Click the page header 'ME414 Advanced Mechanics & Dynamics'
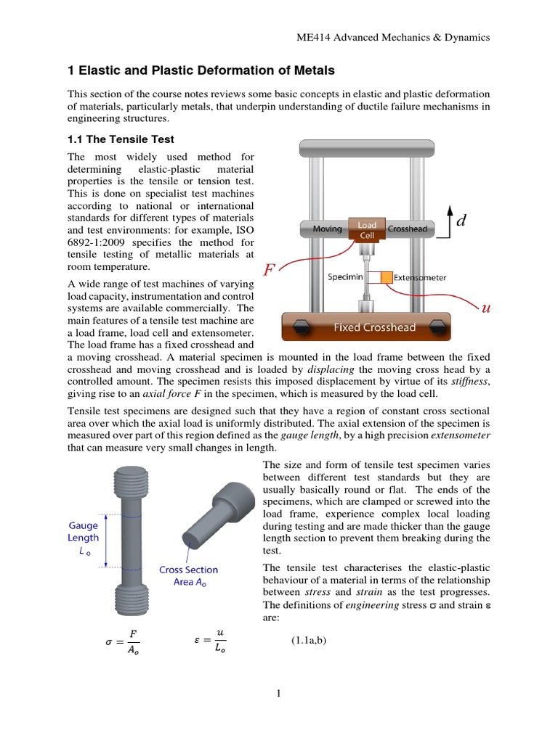(390, 37)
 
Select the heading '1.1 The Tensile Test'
(121, 139)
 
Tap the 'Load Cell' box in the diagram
(367, 230)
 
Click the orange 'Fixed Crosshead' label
(374, 327)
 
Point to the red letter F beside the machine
(269, 271)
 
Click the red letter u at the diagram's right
(485, 308)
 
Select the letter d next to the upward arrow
(459, 223)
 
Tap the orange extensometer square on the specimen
(386, 277)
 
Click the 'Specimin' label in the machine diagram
(345, 277)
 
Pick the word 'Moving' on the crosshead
(327, 229)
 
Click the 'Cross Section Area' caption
(188, 576)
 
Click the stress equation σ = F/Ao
(123, 641)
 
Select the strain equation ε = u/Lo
(211, 640)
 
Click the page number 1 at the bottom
(278, 694)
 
